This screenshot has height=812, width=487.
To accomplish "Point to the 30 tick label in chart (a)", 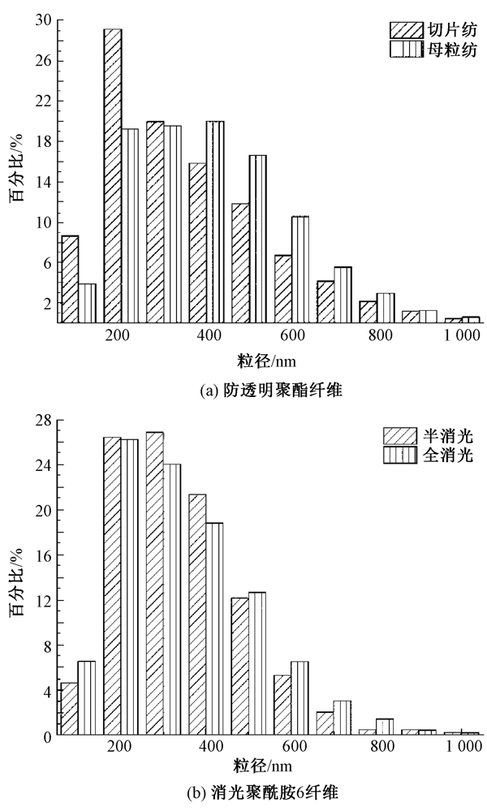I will coord(44,19).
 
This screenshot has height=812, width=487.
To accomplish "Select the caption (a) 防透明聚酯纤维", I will coord(260,391).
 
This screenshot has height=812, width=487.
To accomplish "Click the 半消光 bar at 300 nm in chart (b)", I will coord(155,584).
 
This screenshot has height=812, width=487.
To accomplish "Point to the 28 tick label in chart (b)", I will coord(44,420).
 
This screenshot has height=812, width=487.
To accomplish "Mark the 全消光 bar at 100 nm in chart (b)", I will coord(87,698).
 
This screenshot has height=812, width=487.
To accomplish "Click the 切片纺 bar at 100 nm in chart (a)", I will coord(71,279).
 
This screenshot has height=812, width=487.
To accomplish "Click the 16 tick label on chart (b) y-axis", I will coord(44,555).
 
